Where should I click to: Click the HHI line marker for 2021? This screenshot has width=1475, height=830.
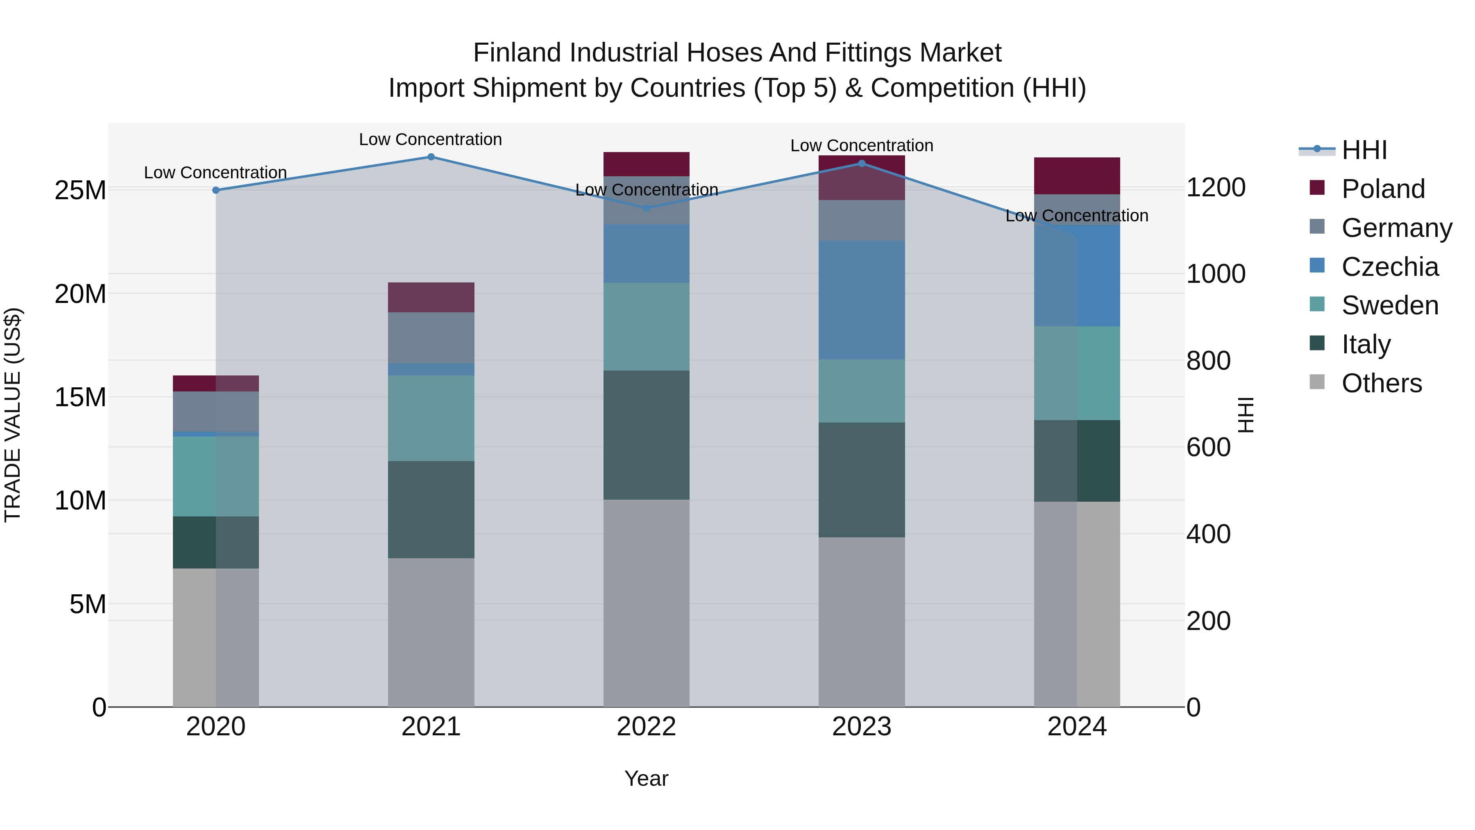tap(431, 157)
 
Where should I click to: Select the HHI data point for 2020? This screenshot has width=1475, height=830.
tap(216, 190)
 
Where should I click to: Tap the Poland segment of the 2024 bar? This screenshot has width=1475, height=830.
tap(1077, 176)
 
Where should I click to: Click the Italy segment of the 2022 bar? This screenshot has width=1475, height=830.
tap(647, 435)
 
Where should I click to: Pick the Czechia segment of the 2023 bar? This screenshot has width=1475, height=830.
tap(862, 300)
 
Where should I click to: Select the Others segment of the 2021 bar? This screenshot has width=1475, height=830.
tap(431, 632)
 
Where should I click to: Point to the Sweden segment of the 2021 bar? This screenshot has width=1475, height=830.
tap(431, 418)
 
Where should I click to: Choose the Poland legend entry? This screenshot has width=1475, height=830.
tap(1383, 189)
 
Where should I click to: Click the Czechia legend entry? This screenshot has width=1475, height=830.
tap(1390, 267)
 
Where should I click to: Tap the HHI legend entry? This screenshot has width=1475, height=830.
tap(1364, 150)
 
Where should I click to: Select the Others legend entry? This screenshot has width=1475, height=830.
tap(1381, 383)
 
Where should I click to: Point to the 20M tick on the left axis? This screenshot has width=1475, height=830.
tap(80, 294)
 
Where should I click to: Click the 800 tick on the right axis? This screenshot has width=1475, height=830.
tap(1208, 361)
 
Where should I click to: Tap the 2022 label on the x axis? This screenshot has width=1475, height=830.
tap(647, 727)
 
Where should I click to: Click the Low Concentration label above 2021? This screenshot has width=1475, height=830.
tap(431, 139)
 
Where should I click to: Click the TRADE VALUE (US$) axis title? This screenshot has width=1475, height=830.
tap(13, 415)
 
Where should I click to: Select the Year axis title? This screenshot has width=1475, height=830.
tap(647, 778)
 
